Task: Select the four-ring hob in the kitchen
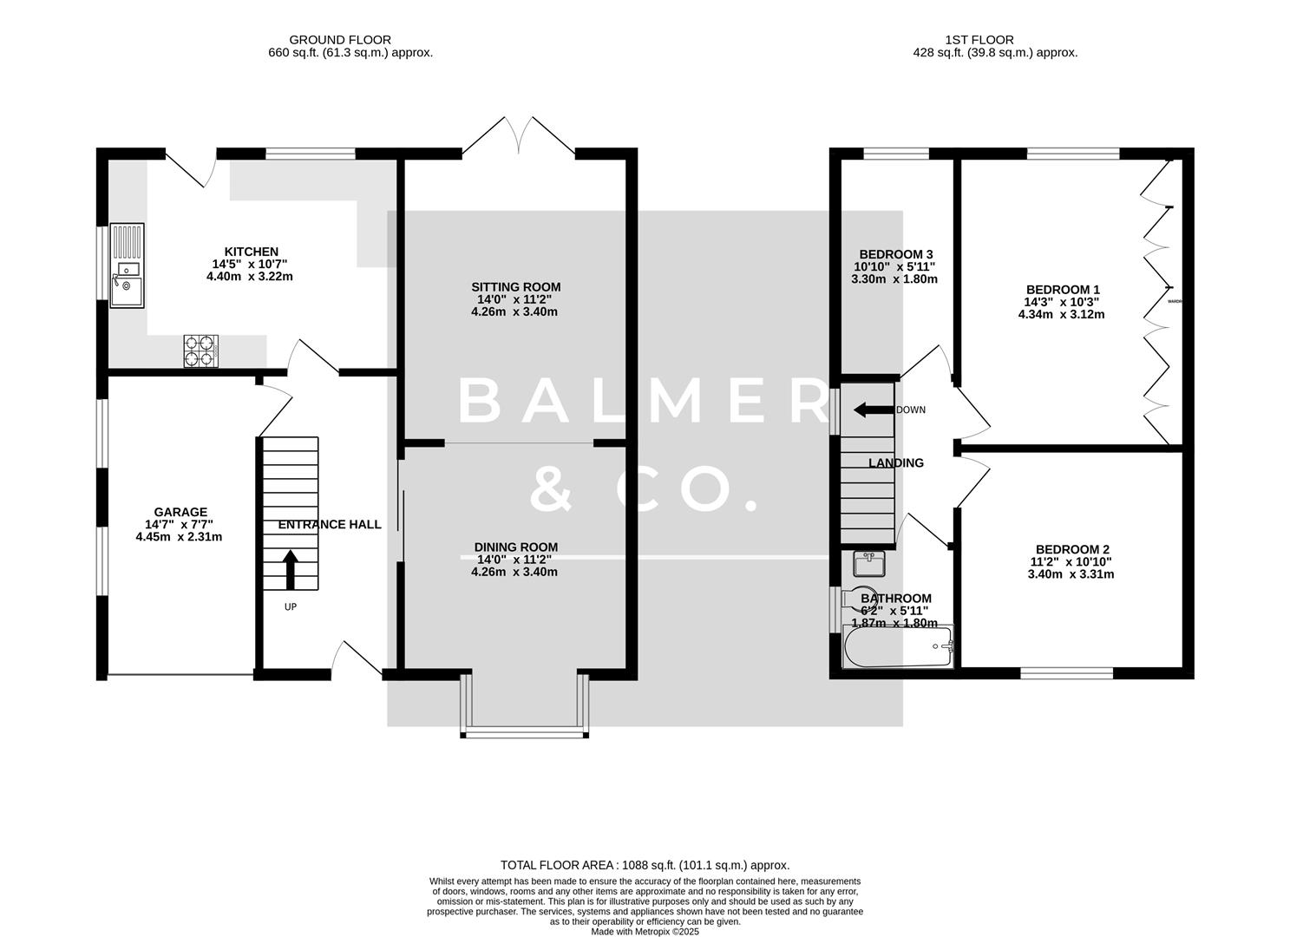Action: (201, 351)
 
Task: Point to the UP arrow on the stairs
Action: (291, 569)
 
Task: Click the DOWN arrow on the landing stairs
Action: (873, 410)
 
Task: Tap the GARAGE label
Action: (180, 512)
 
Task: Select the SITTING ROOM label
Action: (515, 287)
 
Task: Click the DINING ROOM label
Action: (515, 547)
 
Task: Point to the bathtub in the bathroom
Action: (898, 647)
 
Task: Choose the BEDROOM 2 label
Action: (1072, 549)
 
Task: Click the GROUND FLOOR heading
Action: (339, 40)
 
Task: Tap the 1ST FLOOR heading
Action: (979, 40)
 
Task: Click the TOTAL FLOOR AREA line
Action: (645, 865)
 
